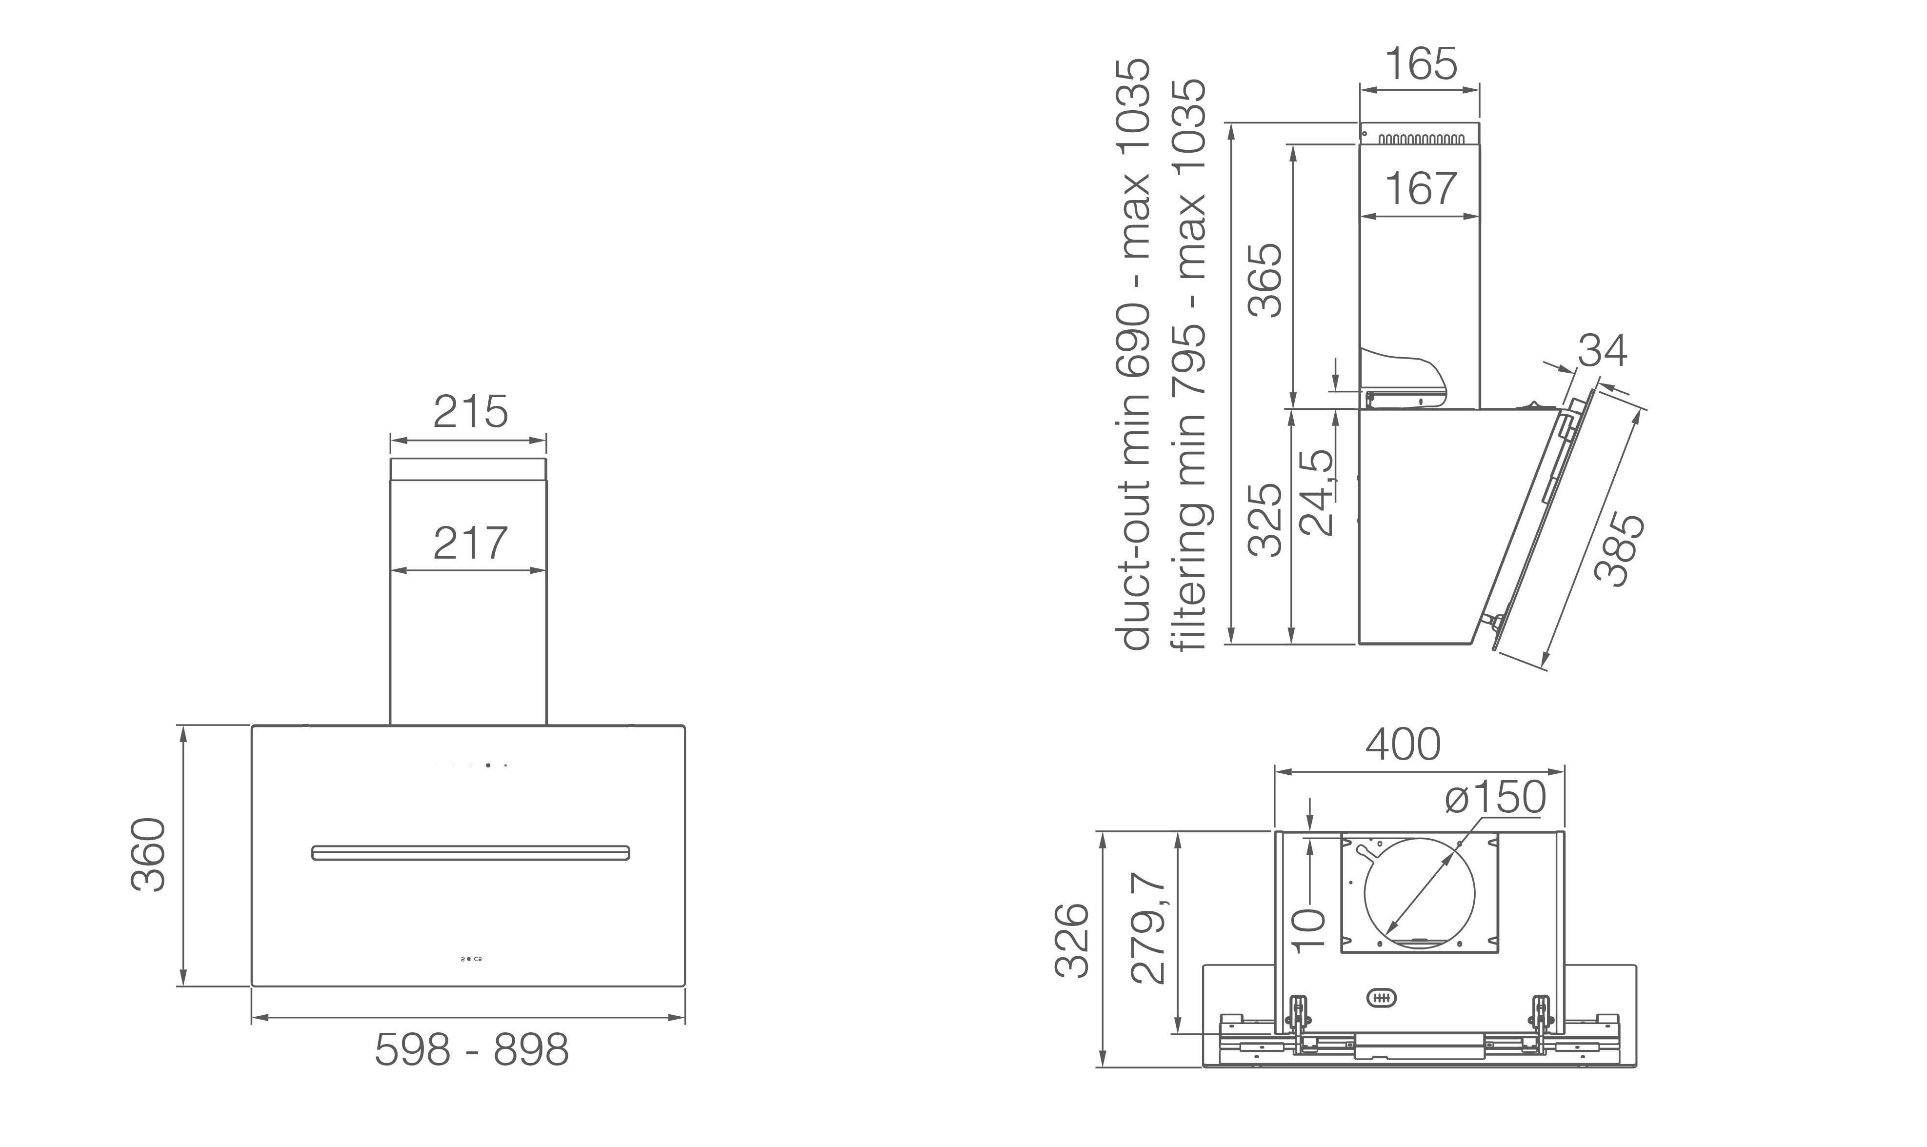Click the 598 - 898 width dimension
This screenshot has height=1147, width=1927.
point(471,1049)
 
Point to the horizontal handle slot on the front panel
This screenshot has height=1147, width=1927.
point(471,852)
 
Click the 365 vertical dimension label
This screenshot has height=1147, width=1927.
point(1265,280)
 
